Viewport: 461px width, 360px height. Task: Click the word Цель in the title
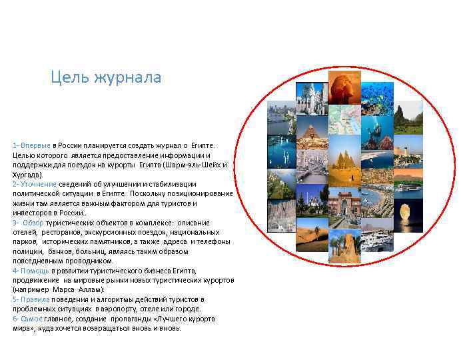tap(67, 78)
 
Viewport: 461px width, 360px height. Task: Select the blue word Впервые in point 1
tap(35, 145)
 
